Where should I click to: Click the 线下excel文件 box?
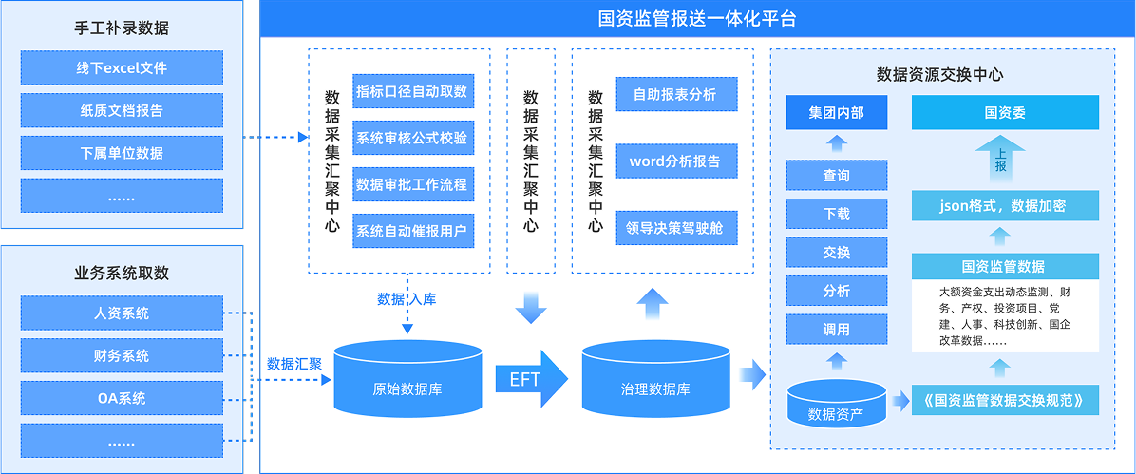coord(122,68)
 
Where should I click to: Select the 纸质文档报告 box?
coord(122,110)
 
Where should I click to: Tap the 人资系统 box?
coord(122,313)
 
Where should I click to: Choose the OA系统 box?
coord(122,398)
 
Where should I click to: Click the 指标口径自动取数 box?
coord(412,91)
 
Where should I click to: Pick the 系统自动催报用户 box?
coord(412,230)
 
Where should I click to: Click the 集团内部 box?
coord(836,113)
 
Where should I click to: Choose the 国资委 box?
coord(1004,113)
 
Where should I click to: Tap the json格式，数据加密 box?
coord(1004,205)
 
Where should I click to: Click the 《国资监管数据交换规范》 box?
coord(1004,399)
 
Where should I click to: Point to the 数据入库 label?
coord(407,299)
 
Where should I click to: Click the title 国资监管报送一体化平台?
coord(697,18)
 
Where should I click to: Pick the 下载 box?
coord(836,214)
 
